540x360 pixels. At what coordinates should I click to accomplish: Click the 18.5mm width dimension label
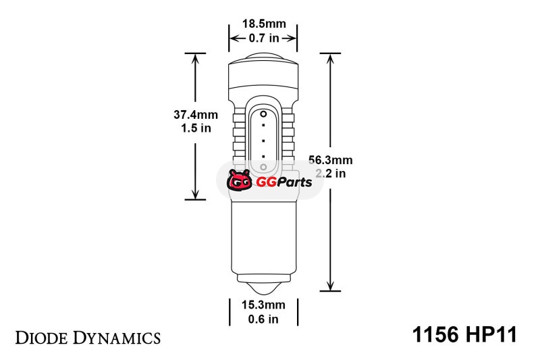point(264,24)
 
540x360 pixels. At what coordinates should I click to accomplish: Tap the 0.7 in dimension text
point(264,38)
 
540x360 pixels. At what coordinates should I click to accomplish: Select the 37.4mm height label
point(196,114)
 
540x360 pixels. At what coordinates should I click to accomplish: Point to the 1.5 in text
point(196,128)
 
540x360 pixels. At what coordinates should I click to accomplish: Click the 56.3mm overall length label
point(331,160)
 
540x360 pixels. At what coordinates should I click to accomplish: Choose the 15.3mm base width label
point(263,305)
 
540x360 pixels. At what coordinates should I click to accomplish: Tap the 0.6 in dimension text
point(263,319)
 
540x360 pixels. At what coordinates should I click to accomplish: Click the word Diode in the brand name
point(41,338)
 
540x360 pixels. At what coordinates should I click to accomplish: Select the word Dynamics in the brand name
point(116,338)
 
